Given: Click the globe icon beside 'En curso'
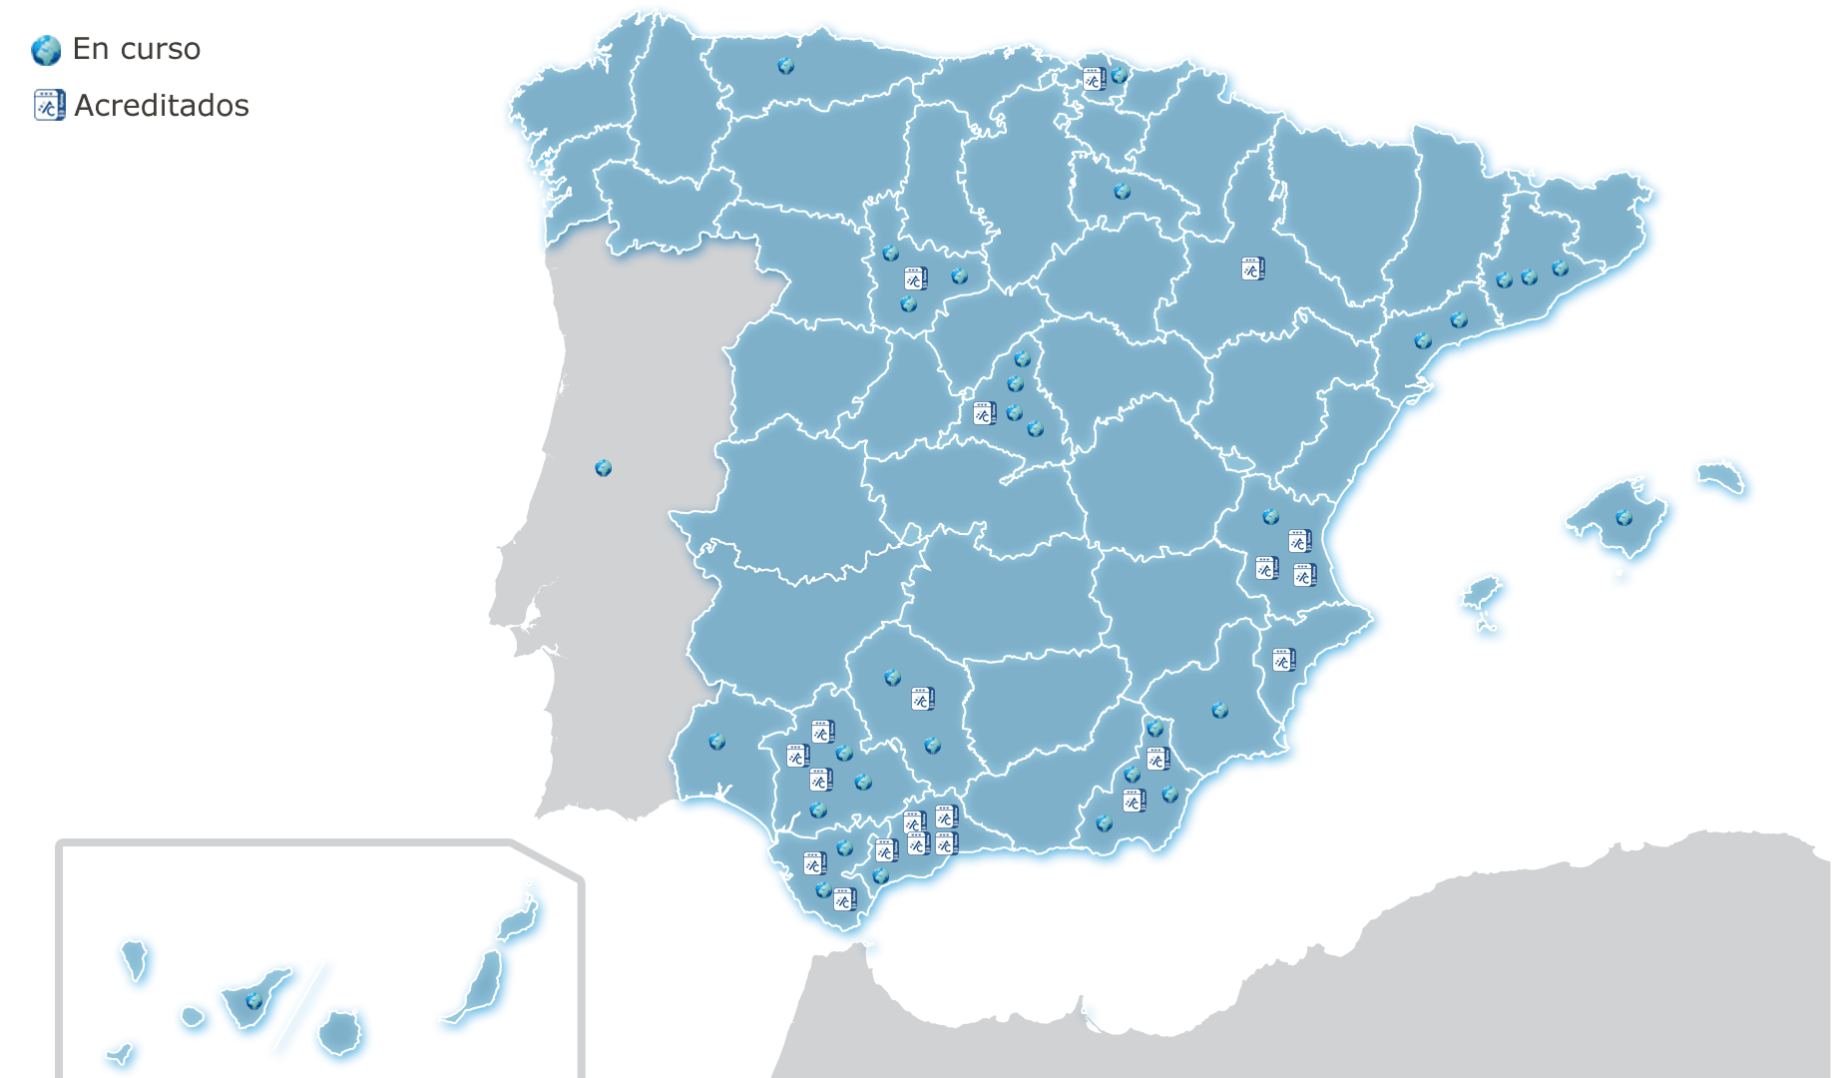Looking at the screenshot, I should coord(46,50).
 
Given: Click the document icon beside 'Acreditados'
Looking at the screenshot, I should coord(49,105).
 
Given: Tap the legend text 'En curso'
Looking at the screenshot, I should coord(137,49).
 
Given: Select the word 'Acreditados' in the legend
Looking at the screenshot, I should coord(162,105).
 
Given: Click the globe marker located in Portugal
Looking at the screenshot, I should coord(603,468).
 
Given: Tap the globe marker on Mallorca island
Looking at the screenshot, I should coord(1623,518).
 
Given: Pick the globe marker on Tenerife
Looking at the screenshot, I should coord(253,1000).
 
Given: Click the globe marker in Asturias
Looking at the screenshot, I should coord(785,66).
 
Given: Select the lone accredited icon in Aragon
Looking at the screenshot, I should coord(1252,269).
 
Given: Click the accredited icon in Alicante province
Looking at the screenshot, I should coord(1283,660).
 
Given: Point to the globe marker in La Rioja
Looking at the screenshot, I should coord(1122,191).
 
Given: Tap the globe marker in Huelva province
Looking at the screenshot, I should coord(716,742).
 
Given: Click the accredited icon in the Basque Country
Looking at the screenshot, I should coord(1094,79).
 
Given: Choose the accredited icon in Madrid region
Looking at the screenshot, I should coord(984,413).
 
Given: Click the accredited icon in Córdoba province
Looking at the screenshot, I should coord(922,699).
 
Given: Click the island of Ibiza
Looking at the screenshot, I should coord(1482,595).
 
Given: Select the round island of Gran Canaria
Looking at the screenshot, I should coord(340,1032).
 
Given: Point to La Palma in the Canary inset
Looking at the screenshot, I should coord(135,958).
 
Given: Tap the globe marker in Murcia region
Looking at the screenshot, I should coord(1219,711).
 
